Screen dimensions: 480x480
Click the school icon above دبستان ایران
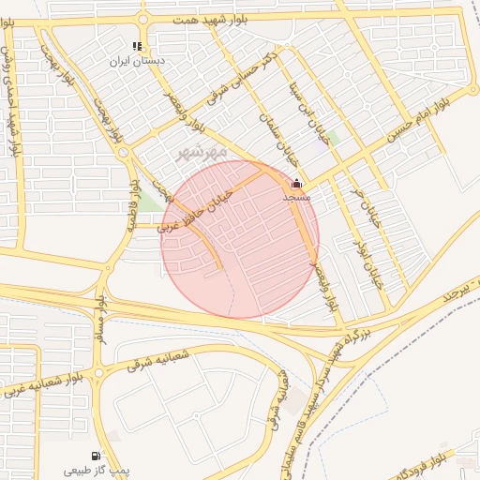pyautogui.click(x=137, y=46)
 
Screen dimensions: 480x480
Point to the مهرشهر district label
pyautogui.click(x=202, y=150)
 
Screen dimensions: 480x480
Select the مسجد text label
pyautogui.click(x=298, y=198)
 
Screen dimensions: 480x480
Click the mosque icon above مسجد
pyautogui.click(x=297, y=184)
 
